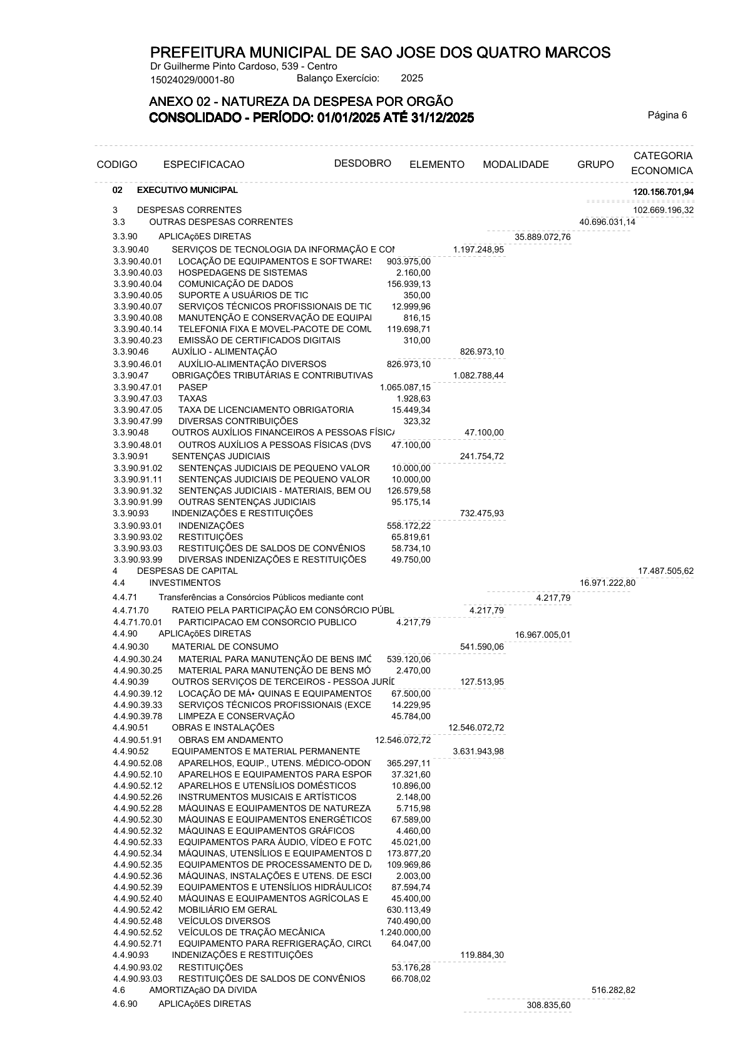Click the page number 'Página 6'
coord(667,115)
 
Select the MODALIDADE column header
coord(515,165)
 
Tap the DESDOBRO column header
coord(362,164)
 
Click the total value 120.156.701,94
coord(663,192)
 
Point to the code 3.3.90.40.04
coord(138,284)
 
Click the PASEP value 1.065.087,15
coord(405,387)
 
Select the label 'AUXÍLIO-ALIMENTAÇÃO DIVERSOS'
coord(252,364)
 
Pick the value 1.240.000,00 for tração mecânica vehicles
coord(405,932)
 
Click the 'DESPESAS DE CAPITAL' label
coord(187,571)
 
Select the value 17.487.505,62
coord(665,571)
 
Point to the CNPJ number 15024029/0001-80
coord(192,80)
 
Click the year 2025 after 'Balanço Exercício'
coord(411,78)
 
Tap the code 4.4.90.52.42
coord(138,910)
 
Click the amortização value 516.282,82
coord(613,990)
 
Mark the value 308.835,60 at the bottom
coord(548,1005)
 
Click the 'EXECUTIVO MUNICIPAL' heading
coord(187,190)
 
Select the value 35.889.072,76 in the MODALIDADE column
coord(542,237)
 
